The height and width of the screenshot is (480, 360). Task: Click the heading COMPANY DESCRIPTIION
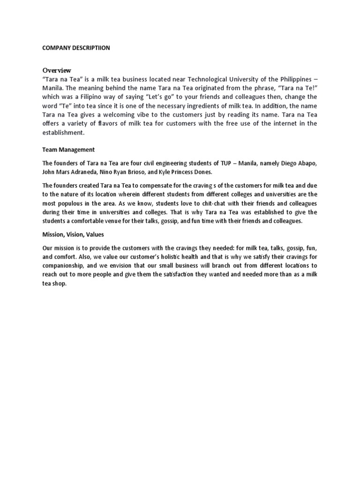[x=76, y=47]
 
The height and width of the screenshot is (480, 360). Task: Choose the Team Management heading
[x=68, y=150]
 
